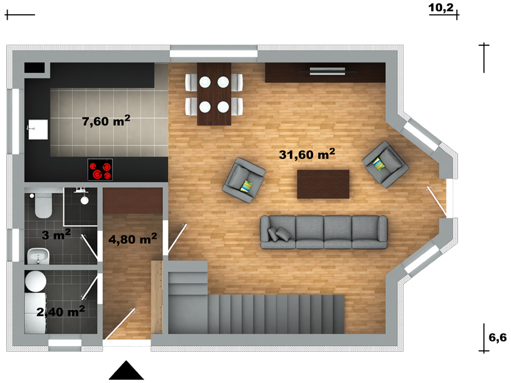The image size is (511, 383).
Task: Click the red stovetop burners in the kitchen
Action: tap(100, 169)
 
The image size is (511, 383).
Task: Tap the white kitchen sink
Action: tap(38, 130)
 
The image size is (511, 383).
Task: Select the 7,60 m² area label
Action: tap(106, 121)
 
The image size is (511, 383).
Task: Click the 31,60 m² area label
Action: tap(307, 154)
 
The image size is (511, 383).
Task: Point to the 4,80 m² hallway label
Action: tap(133, 239)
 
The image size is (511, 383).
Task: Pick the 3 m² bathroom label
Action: tap(56, 234)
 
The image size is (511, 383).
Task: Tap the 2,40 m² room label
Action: tap(61, 312)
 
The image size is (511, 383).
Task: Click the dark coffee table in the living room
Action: tap(323, 184)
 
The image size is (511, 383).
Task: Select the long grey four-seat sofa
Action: tap(324, 232)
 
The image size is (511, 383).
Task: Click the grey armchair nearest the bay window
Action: tap(386, 164)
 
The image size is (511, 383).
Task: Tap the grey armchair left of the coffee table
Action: tap(243, 180)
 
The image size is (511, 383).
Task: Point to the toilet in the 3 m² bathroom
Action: tap(43, 205)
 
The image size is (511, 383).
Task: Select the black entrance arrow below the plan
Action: tap(126, 370)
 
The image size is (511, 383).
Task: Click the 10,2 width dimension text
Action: tap(441, 8)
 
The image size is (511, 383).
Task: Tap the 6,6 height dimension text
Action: tap(498, 338)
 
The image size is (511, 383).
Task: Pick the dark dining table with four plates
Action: tap(214, 94)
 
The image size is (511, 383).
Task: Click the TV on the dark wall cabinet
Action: tap(327, 71)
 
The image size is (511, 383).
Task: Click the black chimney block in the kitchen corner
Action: tap(34, 68)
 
